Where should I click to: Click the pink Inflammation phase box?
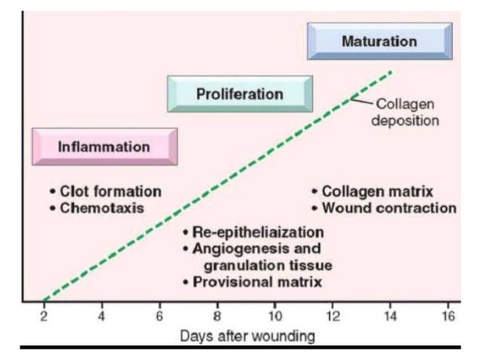click(x=104, y=147)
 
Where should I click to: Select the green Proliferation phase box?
click(x=239, y=94)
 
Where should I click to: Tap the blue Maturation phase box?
click(x=379, y=41)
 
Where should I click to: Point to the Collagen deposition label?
click(x=404, y=112)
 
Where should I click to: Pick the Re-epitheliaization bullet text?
click(x=257, y=232)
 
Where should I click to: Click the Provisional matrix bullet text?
click(x=257, y=282)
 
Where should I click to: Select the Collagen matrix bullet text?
click(x=377, y=192)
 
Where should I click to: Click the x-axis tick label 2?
click(x=44, y=316)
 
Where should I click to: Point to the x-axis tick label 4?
click(x=102, y=316)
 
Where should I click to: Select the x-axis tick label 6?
click(x=159, y=316)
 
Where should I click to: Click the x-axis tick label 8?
click(x=217, y=316)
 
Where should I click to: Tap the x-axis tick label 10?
click(x=275, y=316)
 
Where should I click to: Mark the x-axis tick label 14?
click(x=391, y=316)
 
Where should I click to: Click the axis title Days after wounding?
click(x=247, y=336)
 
